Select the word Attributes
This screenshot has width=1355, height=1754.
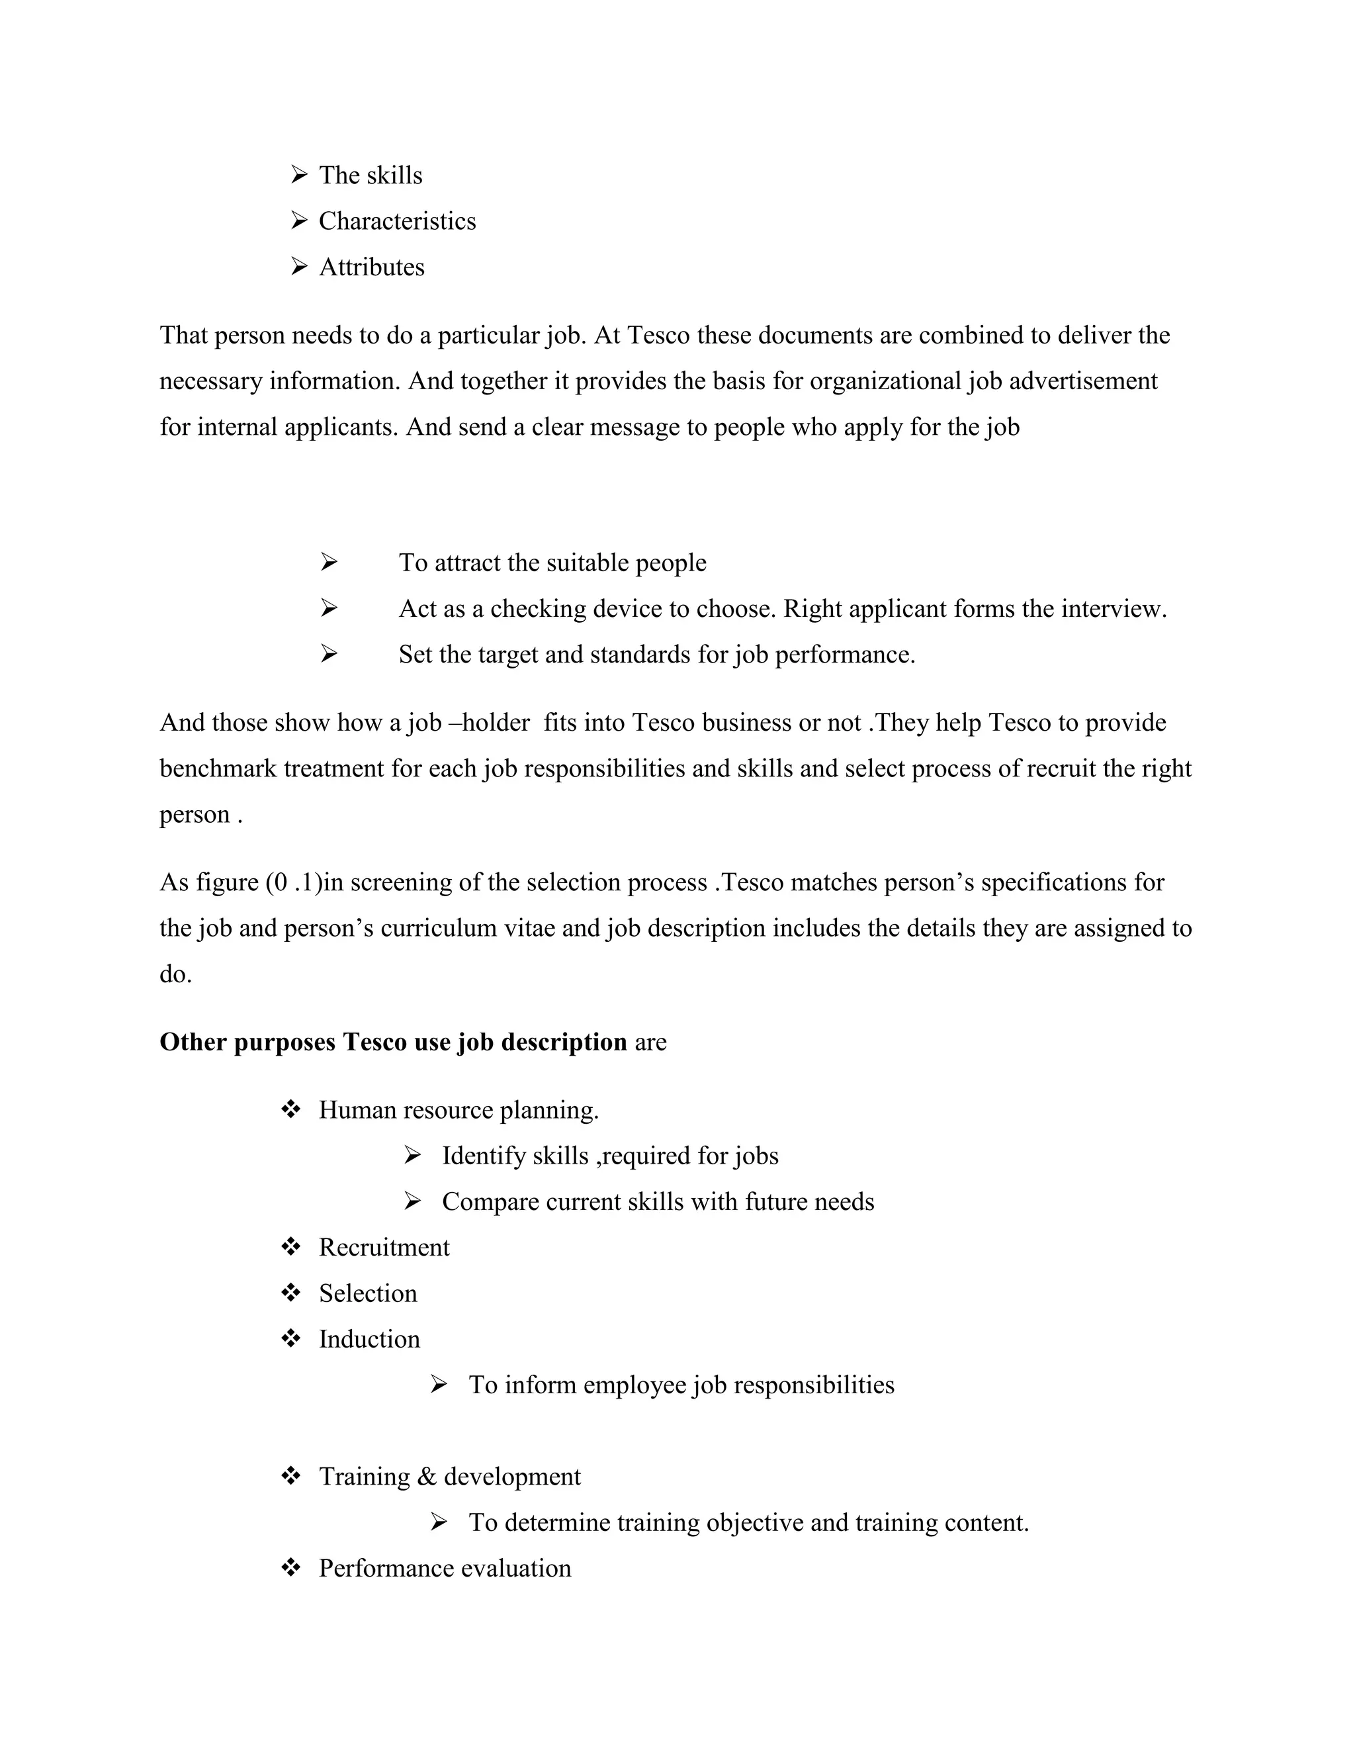(372, 267)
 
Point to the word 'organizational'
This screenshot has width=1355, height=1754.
(885, 381)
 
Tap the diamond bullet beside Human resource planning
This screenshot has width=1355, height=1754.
(290, 1110)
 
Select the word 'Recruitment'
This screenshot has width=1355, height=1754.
(384, 1247)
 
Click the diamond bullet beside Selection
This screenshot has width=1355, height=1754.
(290, 1293)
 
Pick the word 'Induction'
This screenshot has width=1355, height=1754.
(369, 1339)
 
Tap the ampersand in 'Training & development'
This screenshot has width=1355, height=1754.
(426, 1476)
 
